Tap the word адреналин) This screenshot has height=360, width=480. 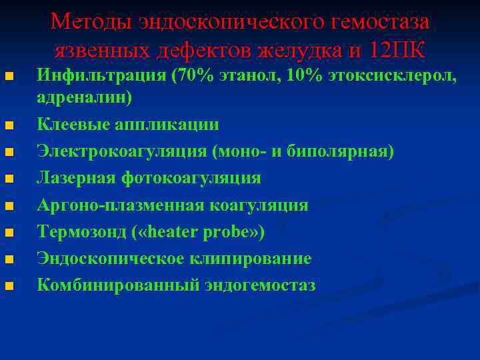(85, 98)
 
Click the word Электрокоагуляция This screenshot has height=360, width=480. (122, 152)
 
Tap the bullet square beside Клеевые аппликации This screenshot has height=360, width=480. (9, 127)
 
